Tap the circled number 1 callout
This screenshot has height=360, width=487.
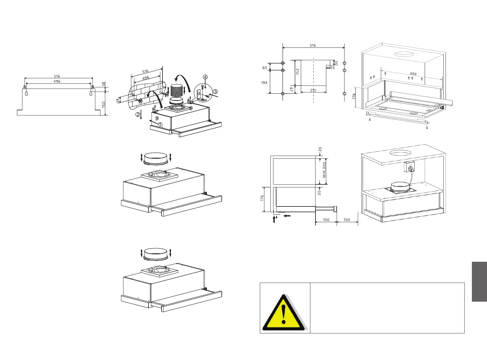[160, 124]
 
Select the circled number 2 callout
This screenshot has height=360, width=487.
[138, 115]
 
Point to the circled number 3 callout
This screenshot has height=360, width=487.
[215, 92]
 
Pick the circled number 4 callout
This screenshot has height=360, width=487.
[205, 77]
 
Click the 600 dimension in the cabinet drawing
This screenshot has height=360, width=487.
[413, 74]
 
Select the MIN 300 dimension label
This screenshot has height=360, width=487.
[324, 170]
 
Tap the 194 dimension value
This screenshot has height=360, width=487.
[264, 83]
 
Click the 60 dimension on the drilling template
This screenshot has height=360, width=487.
[265, 68]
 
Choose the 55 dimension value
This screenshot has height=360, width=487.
[332, 68]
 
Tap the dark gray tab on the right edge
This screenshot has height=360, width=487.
[479, 281]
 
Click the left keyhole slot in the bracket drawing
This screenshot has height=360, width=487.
[26, 93]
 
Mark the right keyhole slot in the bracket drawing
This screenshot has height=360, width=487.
[91, 93]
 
